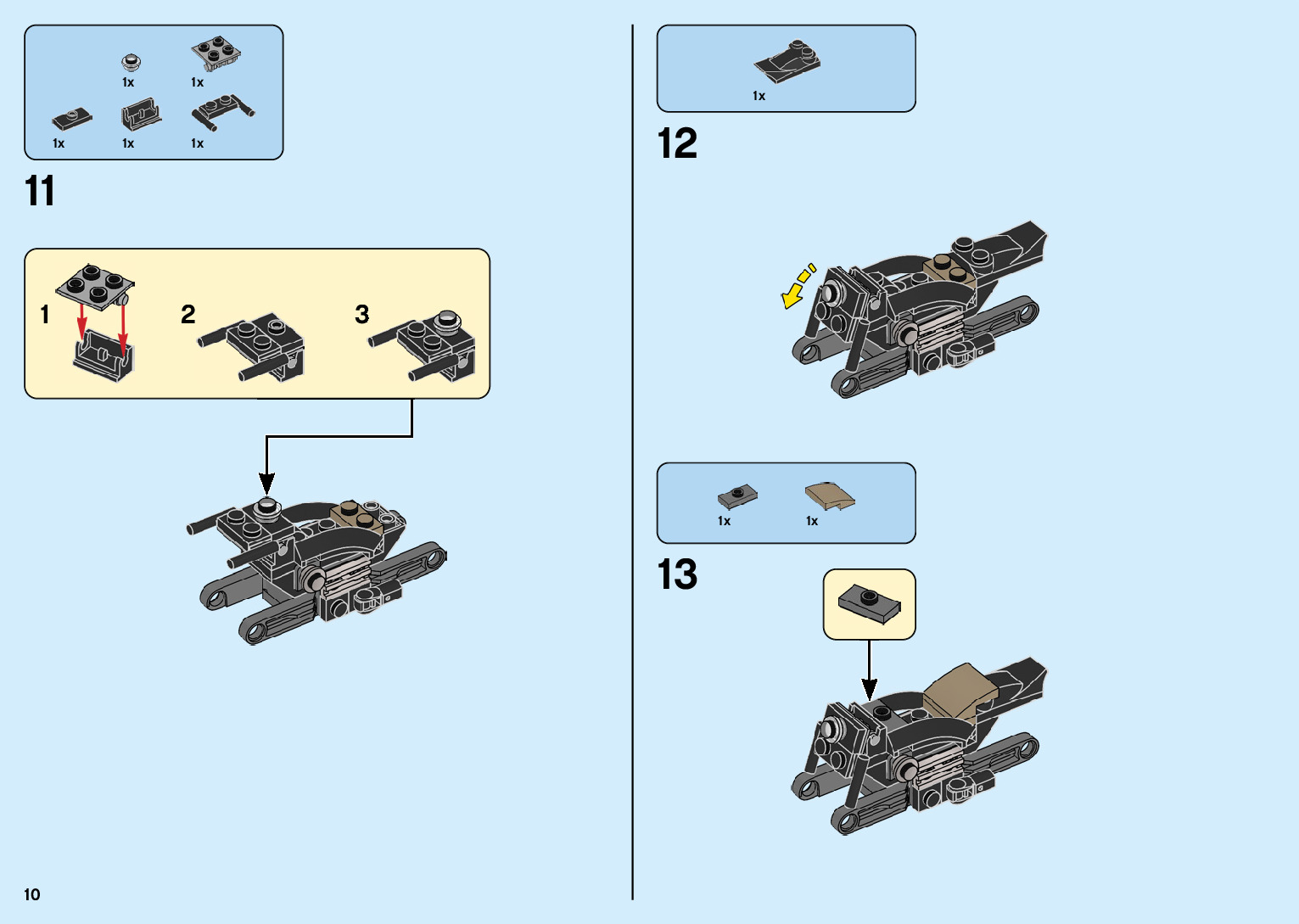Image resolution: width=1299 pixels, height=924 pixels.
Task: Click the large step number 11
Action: pyautogui.click(x=40, y=191)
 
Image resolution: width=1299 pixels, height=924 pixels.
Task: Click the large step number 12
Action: pyautogui.click(x=677, y=143)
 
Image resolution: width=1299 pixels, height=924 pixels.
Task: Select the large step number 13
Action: pyautogui.click(x=677, y=574)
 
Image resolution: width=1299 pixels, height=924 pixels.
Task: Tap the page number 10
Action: pyautogui.click(x=32, y=894)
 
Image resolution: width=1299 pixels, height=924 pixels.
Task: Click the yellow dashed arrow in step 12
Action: pyautogui.click(x=798, y=285)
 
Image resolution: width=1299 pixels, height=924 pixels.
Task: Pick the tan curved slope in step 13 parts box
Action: pyautogui.click(x=829, y=496)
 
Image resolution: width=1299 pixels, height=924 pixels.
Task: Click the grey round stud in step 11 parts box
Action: pyautogui.click(x=131, y=62)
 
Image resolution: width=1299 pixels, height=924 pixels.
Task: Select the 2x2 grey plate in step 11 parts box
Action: pyautogui.click(x=215, y=53)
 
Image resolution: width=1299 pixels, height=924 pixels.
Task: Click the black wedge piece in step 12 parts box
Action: pyautogui.click(x=787, y=63)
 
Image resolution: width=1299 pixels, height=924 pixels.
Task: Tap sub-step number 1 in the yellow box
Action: pyautogui.click(x=45, y=316)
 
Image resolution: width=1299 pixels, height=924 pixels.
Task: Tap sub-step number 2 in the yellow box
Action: pyautogui.click(x=188, y=315)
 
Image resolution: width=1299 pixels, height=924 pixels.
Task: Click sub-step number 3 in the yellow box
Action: pyautogui.click(x=362, y=315)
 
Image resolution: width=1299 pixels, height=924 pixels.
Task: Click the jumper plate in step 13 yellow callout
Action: pyautogui.click(x=869, y=603)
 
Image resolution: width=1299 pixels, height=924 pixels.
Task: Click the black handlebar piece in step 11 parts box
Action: pyautogui.click(x=222, y=111)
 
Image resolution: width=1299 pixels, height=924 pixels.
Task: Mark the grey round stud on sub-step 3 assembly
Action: pyautogui.click(x=446, y=321)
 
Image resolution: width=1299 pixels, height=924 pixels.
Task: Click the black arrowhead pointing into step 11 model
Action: pyautogui.click(x=266, y=484)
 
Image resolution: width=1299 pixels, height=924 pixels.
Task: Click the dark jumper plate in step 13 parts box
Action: pyautogui.click(x=736, y=496)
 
